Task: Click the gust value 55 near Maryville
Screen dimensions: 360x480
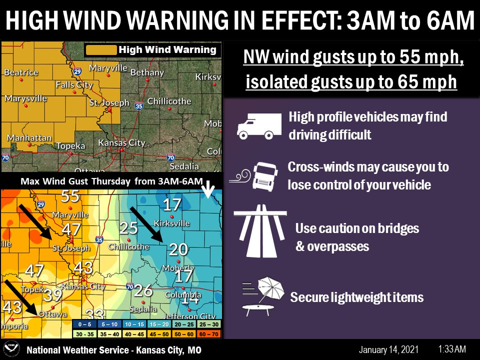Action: (70, 196)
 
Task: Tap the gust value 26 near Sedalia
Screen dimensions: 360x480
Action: (143, 289)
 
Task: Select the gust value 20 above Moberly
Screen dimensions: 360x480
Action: (177, 249)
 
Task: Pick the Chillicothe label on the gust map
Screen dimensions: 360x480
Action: (128, 246)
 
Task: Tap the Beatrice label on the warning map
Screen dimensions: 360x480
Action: (21, 72)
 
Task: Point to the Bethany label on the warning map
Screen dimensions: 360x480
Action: (147, 72)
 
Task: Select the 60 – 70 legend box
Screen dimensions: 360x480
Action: (208, 333)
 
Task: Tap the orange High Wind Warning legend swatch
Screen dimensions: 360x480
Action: (101, 50)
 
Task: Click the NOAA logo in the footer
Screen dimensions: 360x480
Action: (11, 349)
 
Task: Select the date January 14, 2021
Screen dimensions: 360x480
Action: (388, 349)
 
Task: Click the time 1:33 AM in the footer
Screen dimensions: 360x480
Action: (452, 349)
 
